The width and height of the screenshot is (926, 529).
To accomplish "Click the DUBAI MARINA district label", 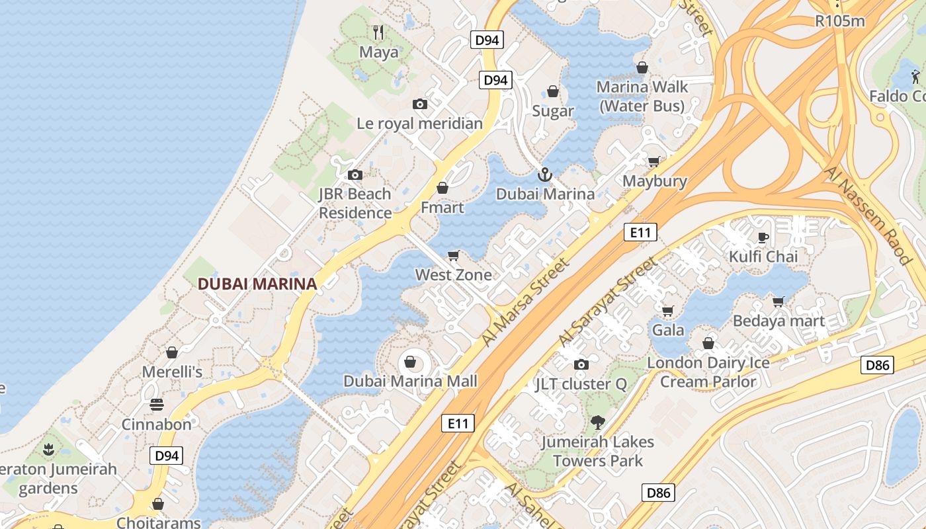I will pos(257,284).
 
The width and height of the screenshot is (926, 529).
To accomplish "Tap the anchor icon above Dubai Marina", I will pos(545,175).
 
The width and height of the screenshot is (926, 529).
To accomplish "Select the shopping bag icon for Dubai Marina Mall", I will pos(410,362).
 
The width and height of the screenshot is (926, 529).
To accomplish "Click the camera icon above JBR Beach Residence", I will pos(355,175).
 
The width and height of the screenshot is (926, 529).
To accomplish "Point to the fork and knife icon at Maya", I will pos(378,32).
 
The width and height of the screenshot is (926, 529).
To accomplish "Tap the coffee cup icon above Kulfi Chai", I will pos(763,237).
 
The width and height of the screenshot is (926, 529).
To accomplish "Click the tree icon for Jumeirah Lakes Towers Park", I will pos(597,422).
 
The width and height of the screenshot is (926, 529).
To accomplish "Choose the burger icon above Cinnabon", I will pos(157,405).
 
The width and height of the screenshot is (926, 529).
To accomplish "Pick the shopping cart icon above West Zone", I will pos(454,255).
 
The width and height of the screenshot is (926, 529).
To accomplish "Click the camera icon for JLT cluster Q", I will pos(581,364).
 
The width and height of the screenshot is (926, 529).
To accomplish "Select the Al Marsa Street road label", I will pos(525,302).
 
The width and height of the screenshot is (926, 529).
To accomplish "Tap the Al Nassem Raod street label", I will pos(867,216).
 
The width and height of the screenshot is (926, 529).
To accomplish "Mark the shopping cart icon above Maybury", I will pos(654,161).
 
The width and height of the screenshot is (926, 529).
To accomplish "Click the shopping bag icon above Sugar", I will pos(553,91).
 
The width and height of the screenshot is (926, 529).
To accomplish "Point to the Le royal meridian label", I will pos(419,123).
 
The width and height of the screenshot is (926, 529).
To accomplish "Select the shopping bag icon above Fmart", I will pos(442,188).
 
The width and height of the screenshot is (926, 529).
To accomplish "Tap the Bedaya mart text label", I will pos(779,321).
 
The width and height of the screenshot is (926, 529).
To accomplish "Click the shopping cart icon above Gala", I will pos(668,310).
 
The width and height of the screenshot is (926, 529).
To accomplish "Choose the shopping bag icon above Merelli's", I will pos(172,352).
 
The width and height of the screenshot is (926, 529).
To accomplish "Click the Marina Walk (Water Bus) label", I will pos(642,96).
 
